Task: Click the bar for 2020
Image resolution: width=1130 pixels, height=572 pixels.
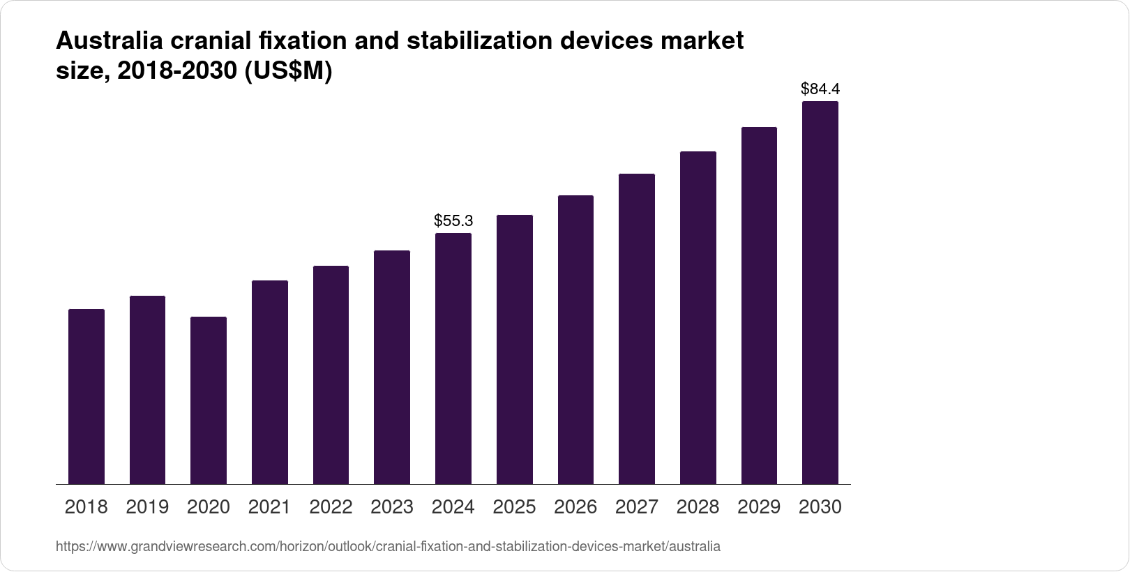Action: tap(209, 400)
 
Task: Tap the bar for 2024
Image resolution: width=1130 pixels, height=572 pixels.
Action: tap(453, 359)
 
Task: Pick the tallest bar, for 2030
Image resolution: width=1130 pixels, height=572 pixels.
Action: tap(820, 293)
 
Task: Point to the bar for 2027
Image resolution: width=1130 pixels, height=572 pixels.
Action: tap(637, 329)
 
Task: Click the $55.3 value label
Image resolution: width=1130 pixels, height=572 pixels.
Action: tap(453, 221)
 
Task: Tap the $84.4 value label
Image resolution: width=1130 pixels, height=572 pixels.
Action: tap(820, 89)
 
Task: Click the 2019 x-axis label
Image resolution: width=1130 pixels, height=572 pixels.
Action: tap(147, 507)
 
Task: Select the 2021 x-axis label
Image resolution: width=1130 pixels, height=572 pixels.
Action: tap(269, 507)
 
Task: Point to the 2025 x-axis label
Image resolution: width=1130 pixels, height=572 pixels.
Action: tap(515, 507)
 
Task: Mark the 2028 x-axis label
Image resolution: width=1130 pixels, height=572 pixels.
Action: tap(698, 507)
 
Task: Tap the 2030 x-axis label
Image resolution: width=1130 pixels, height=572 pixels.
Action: tap(820, 507)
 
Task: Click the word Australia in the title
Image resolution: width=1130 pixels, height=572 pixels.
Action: tap(109, 41)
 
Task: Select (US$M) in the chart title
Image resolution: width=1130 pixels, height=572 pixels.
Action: tap(287, 71)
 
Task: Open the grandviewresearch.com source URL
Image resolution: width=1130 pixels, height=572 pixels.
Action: tap(388, 547)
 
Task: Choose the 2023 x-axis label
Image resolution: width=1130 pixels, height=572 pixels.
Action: tap(392, 507)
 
